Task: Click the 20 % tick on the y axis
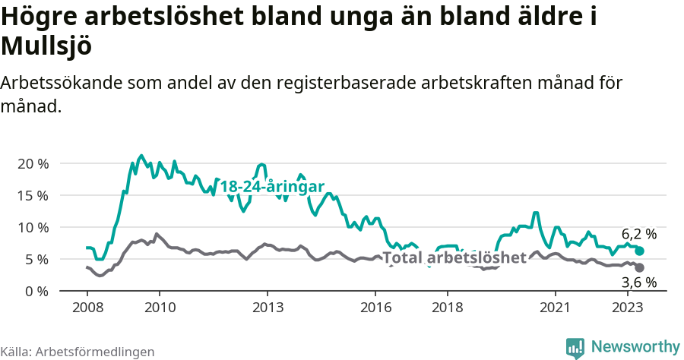click(x=32, y=163)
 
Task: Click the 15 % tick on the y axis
click(x=32, y=195)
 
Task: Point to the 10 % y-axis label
click(x=32, y=227)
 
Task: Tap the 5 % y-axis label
click(x=36, y=259)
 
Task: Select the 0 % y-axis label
click(x=36, y=291)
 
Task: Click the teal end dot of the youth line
click(x=640, y=251)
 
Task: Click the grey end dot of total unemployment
click(x=640, y=267)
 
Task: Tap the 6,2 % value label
click(x=638, y=234)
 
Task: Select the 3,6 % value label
click(x=638, y=283)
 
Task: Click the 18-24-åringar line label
click(x=272, y=187)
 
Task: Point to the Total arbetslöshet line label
click(x=454, y=257)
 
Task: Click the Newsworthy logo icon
click(x=575, y=347)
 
